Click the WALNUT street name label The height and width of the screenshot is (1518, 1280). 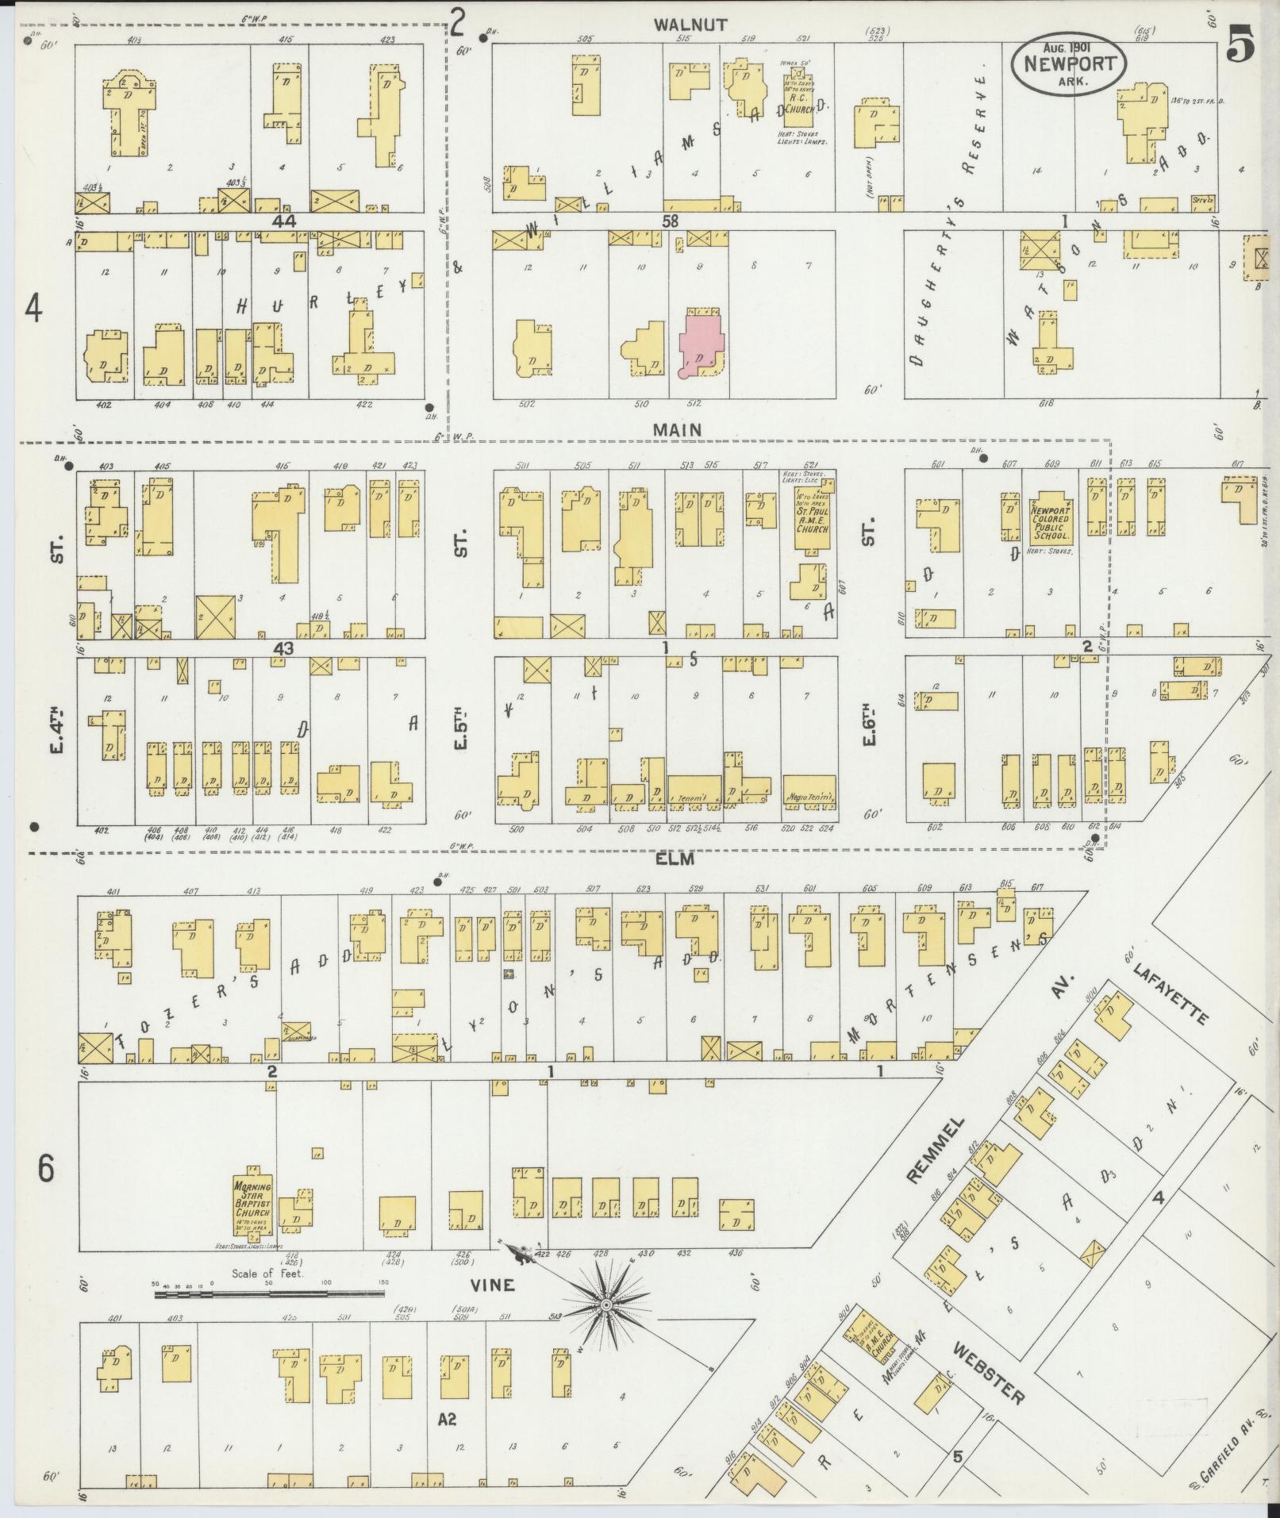690,25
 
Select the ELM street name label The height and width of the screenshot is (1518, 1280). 675,859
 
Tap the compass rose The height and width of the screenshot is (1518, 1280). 605,1304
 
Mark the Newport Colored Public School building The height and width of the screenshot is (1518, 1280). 1051,521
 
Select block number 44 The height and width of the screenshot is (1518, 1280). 283,222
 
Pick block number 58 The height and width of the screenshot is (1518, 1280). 671,222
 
